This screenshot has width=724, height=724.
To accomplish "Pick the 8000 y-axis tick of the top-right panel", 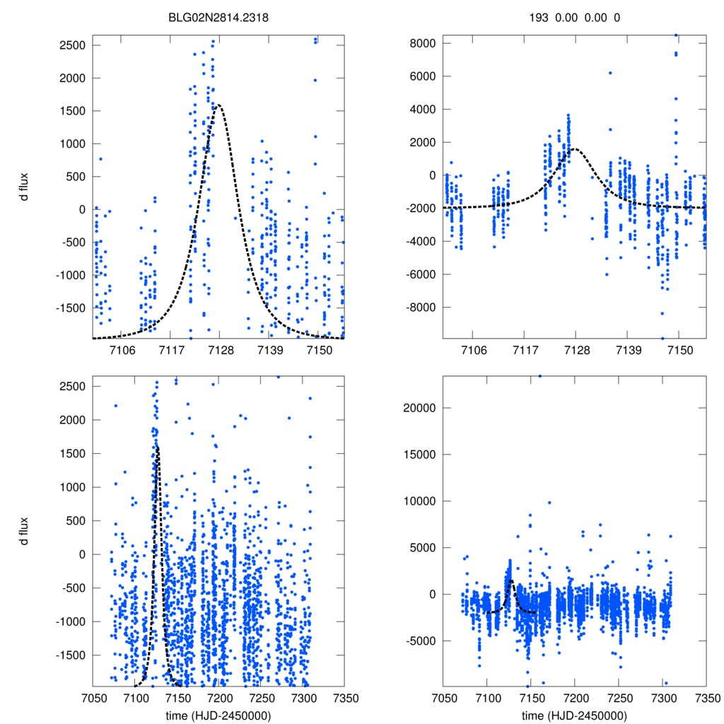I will (x=421, y=43).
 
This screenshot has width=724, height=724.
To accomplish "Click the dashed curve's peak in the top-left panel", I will (x=218, y=105).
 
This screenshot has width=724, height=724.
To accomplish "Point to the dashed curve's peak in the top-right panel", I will (x=575, y=149).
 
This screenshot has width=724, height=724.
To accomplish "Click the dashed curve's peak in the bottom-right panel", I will (x=510, y=580).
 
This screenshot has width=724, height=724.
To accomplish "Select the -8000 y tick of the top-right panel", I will (x=419, y=308).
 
